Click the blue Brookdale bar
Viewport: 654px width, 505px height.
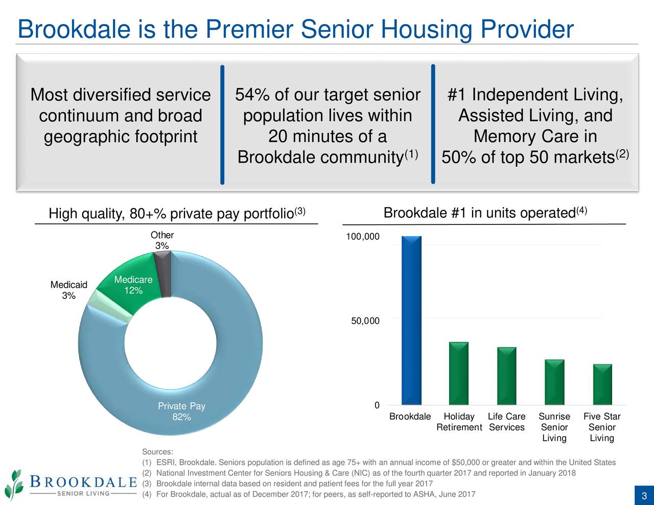[411, 320]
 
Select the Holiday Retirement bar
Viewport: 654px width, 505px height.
[459, 373]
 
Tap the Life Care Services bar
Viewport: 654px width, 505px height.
[506, 376]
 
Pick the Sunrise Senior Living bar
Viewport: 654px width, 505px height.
[554, 382]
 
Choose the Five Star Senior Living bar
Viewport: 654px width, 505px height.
[602, 384]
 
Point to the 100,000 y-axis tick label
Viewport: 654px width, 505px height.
[363, 237]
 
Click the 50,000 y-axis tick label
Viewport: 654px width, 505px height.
[365, 321]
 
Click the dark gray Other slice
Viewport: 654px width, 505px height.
[163, 274]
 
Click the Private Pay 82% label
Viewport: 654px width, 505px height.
[181, 411]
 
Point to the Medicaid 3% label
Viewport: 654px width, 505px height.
[68, 290]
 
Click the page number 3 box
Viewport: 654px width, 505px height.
[644, 496]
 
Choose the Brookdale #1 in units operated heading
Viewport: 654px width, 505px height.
[485, 213]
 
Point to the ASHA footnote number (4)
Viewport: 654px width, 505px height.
[147, 494]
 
